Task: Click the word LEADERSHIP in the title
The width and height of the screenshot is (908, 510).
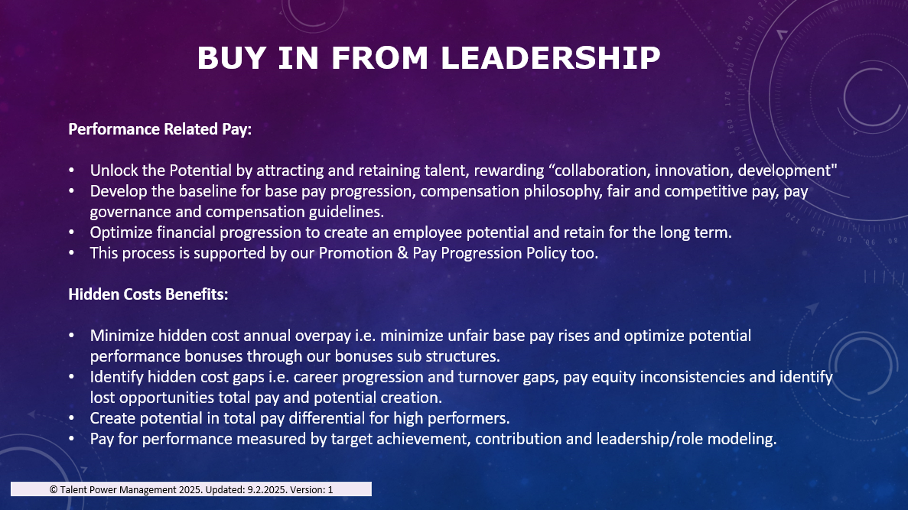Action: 550,58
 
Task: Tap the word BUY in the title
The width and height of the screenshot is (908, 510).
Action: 232,58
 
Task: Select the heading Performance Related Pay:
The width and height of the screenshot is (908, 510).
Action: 160,129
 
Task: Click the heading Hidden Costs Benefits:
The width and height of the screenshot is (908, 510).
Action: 148,294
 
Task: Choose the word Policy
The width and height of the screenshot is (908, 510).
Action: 546,254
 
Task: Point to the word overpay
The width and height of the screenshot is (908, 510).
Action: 323,336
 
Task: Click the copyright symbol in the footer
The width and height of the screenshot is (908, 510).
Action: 54,490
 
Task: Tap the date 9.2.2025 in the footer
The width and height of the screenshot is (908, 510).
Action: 267,490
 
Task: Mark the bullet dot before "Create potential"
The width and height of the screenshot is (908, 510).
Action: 71,418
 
